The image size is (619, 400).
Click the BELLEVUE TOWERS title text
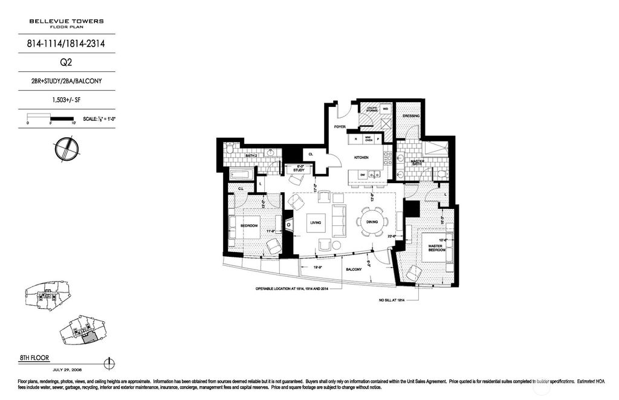[66, 21]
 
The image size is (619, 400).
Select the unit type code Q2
[66, 61]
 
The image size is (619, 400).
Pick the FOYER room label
[340, 127]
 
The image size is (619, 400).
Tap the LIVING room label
[316, 223]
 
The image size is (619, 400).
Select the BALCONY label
[354, 269]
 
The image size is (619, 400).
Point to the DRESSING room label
[411, 116]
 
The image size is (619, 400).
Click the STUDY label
[298, 170]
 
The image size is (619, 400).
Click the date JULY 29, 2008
[66, 370]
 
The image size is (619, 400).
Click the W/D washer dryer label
[385, 109]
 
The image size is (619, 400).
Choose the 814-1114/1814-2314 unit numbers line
[66, 43]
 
